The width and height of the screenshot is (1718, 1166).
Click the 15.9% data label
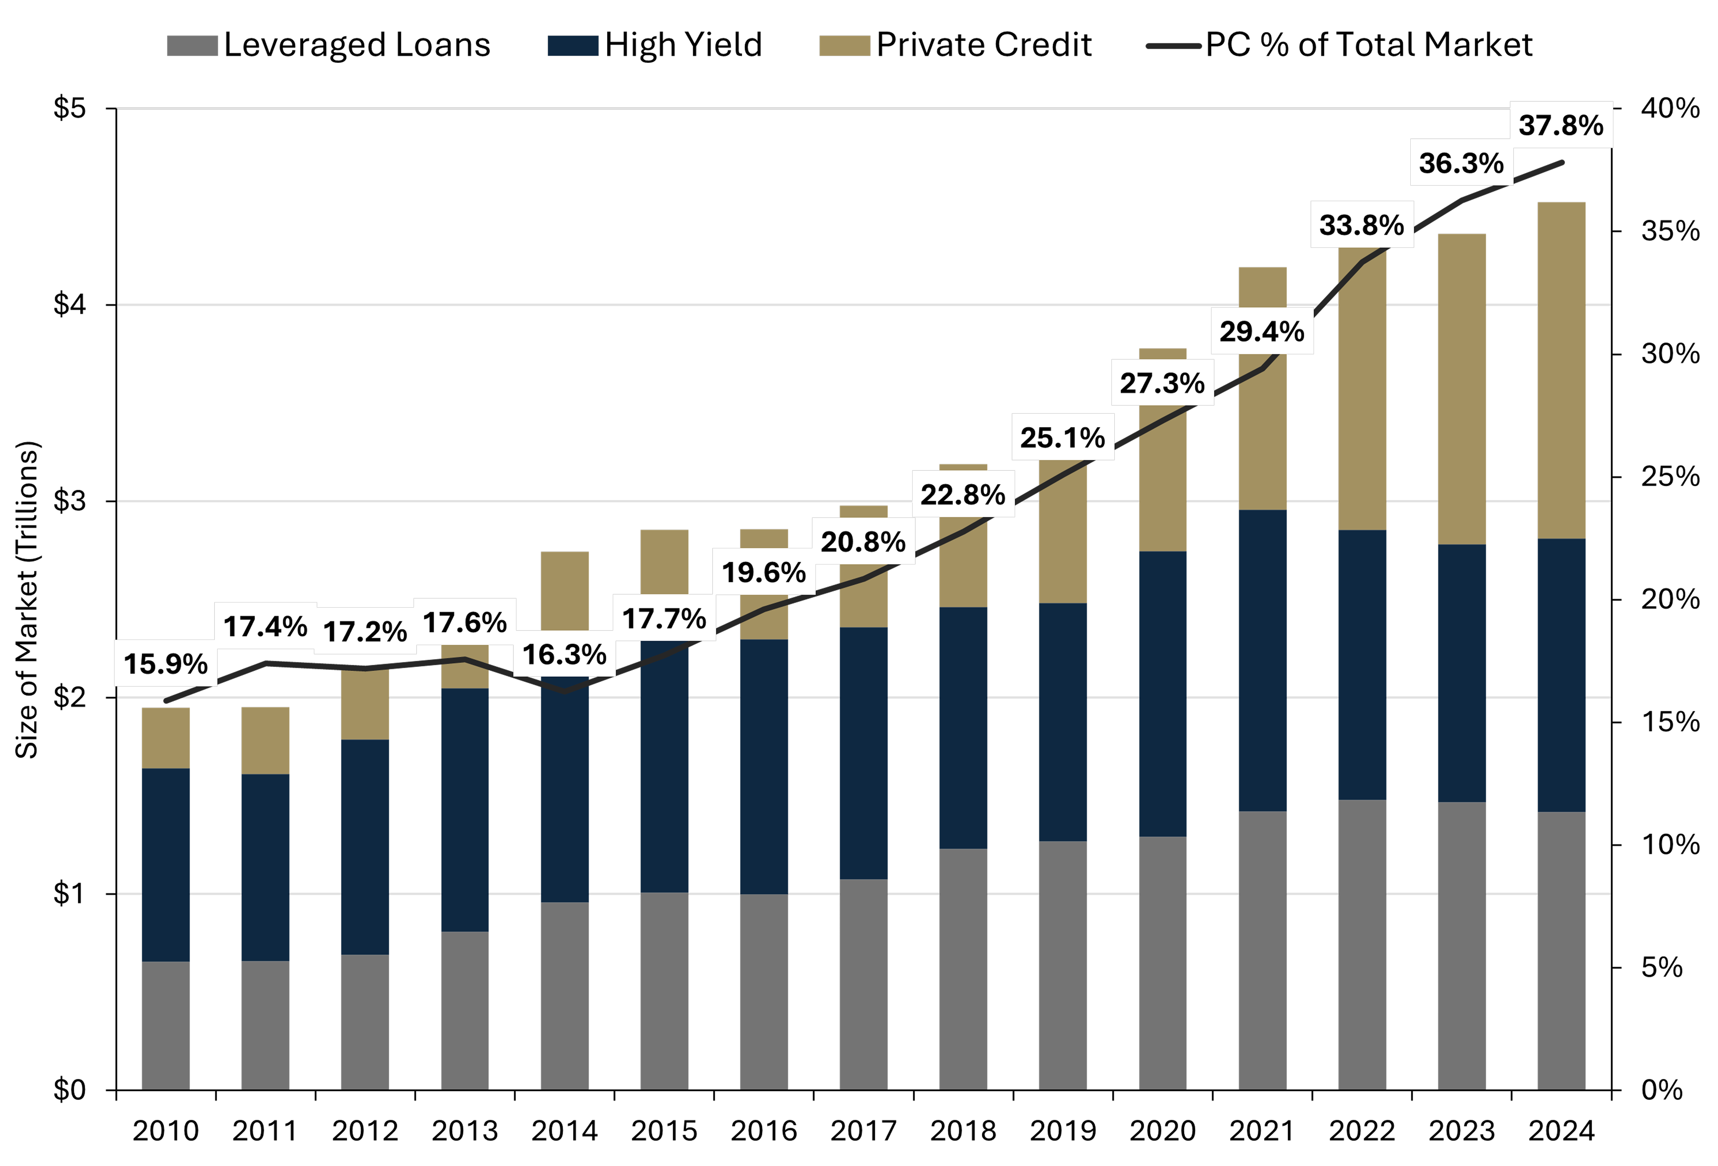click(x=166, y=664)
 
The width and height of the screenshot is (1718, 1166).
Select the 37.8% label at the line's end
click(x=1561, y=125)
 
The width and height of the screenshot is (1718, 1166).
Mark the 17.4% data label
click(x=265, y=626)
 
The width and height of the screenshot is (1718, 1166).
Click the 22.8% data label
click(x=962, y=494)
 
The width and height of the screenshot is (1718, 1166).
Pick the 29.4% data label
click(x=1262, y=331)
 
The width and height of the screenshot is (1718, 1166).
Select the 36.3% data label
click(x=1461, y=163)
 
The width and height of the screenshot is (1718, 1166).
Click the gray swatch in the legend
click(x=192, y=46)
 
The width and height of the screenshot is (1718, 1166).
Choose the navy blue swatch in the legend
click(x=573, y=46)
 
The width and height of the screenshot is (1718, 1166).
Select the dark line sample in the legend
click(x=1173, y=46)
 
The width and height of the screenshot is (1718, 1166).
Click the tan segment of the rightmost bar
click(x=1561, y=370)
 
